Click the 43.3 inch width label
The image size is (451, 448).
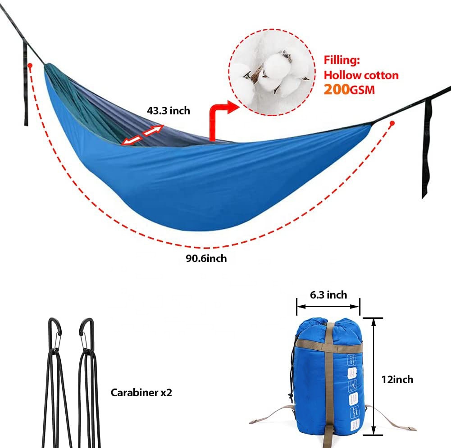click(169, 110)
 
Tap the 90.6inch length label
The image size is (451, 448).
click(205, 258)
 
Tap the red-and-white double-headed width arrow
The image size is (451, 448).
click(143, 135)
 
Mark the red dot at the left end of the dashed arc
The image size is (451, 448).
click(30, 65)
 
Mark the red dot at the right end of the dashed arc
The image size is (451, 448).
click(392, 123)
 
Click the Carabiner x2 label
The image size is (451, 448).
click(141, 392)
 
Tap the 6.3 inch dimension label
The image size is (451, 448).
click(328, 295)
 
